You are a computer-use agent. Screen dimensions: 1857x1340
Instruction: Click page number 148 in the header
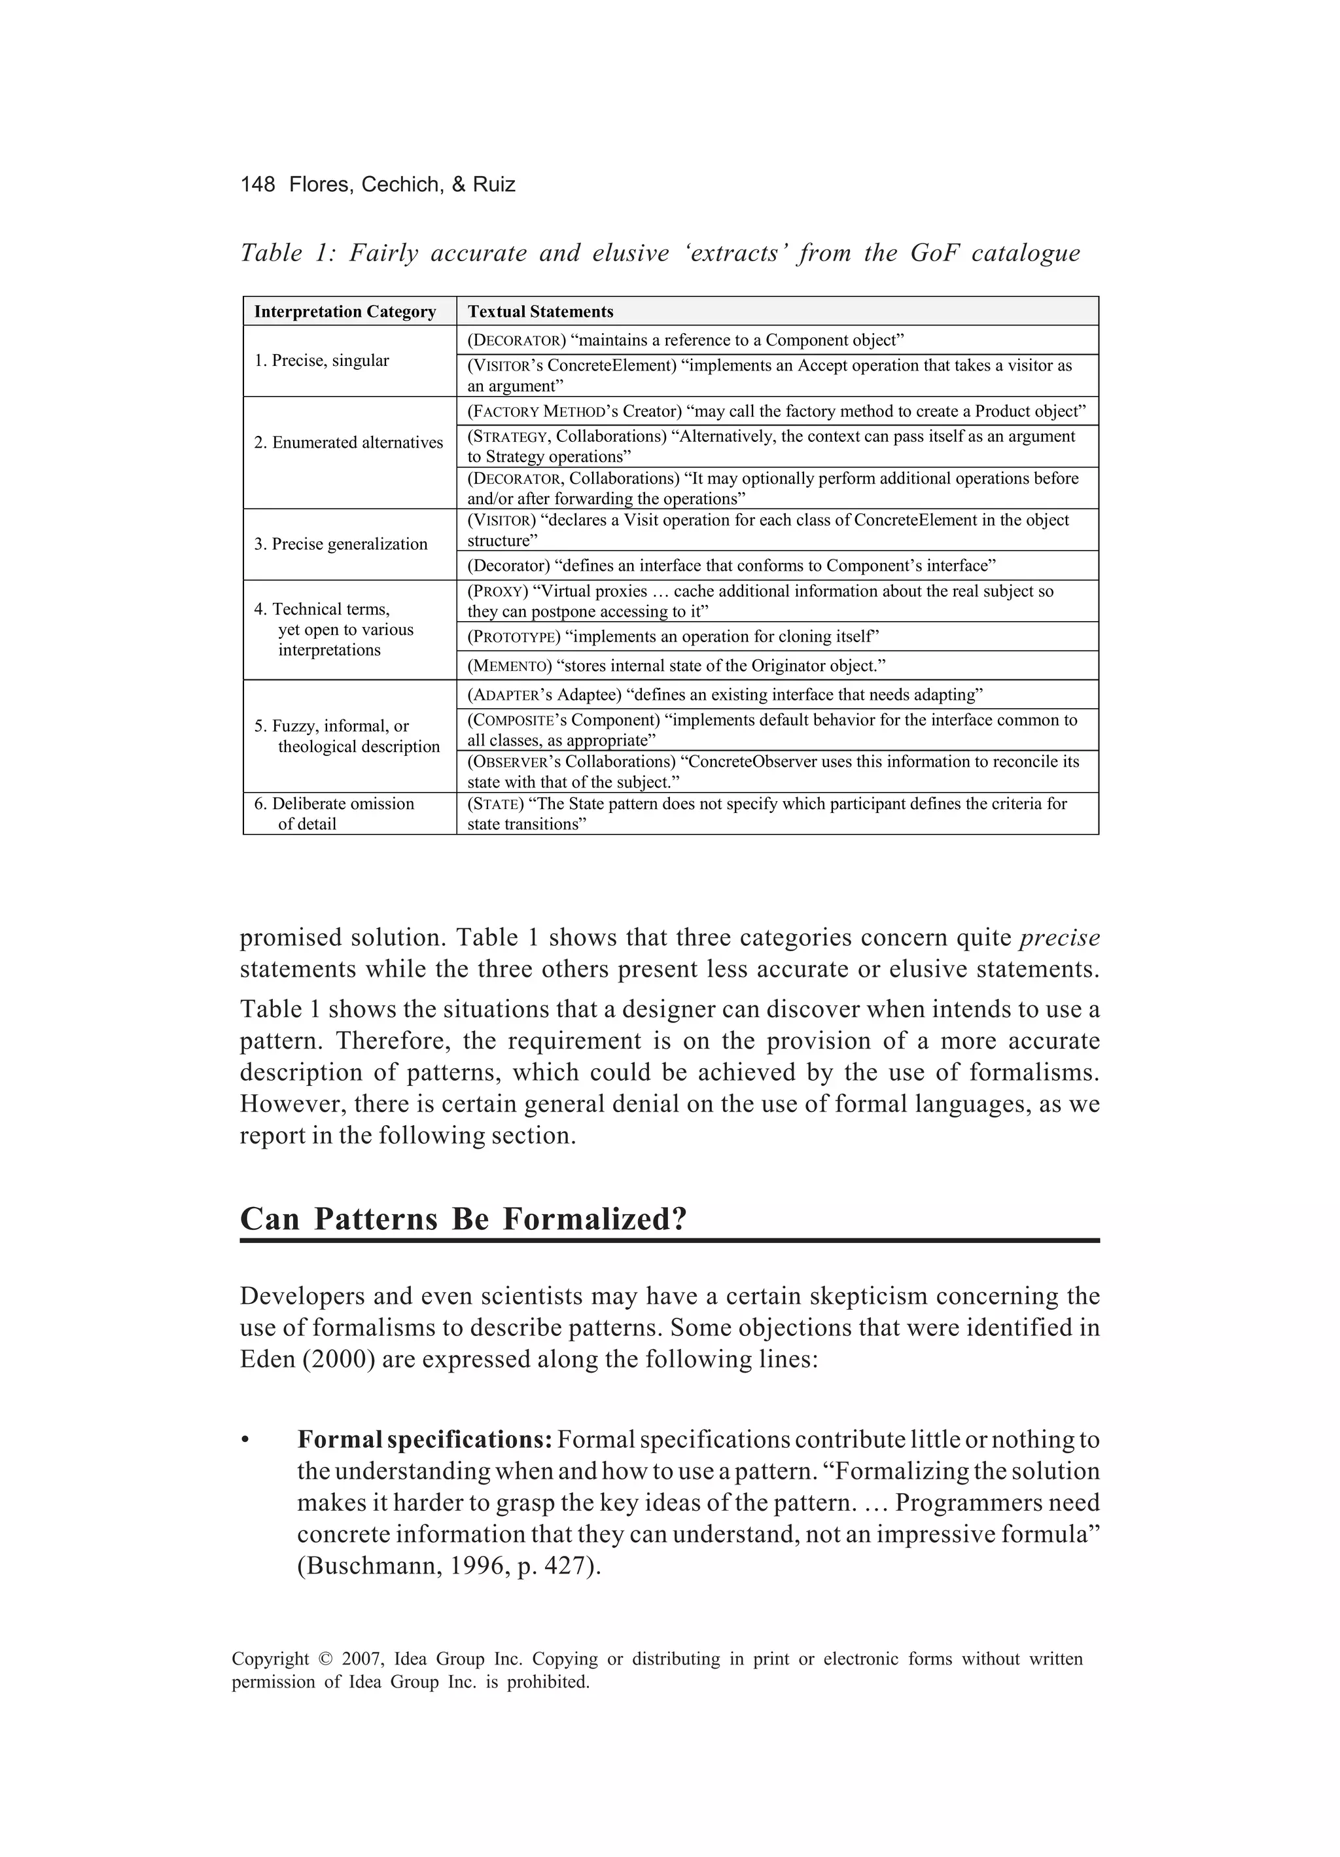pyautogui.click(x=258, y=184)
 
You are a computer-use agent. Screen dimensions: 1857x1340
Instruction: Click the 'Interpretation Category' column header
pyautogui.click(x=345, y=311)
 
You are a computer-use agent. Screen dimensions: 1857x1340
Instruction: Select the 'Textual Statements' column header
pyautogui.click(x=540, y=311)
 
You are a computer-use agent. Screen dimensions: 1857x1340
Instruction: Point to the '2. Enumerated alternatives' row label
pyautogui.click(x=348, y=442)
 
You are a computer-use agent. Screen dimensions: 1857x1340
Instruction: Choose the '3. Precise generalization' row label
pyautogui.click(x=340, y=544)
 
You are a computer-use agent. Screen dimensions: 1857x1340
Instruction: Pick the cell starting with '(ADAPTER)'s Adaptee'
pyautogui.click(x=724, y=695)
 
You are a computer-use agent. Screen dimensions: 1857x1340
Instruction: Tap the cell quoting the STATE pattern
pyautogui.click(x=767, y=813)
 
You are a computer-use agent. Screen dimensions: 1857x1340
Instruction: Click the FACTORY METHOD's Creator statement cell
pyautogui.click(x=776, y=411)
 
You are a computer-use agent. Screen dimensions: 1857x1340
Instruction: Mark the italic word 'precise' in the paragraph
pyautogui.click(x=1059, y=937)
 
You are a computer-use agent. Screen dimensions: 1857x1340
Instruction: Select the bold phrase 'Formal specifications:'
pyautogui.click(x=425, y=1439)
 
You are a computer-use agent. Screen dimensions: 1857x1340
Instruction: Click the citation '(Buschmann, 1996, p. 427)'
pyautogui.click(x=449, y=1566)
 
